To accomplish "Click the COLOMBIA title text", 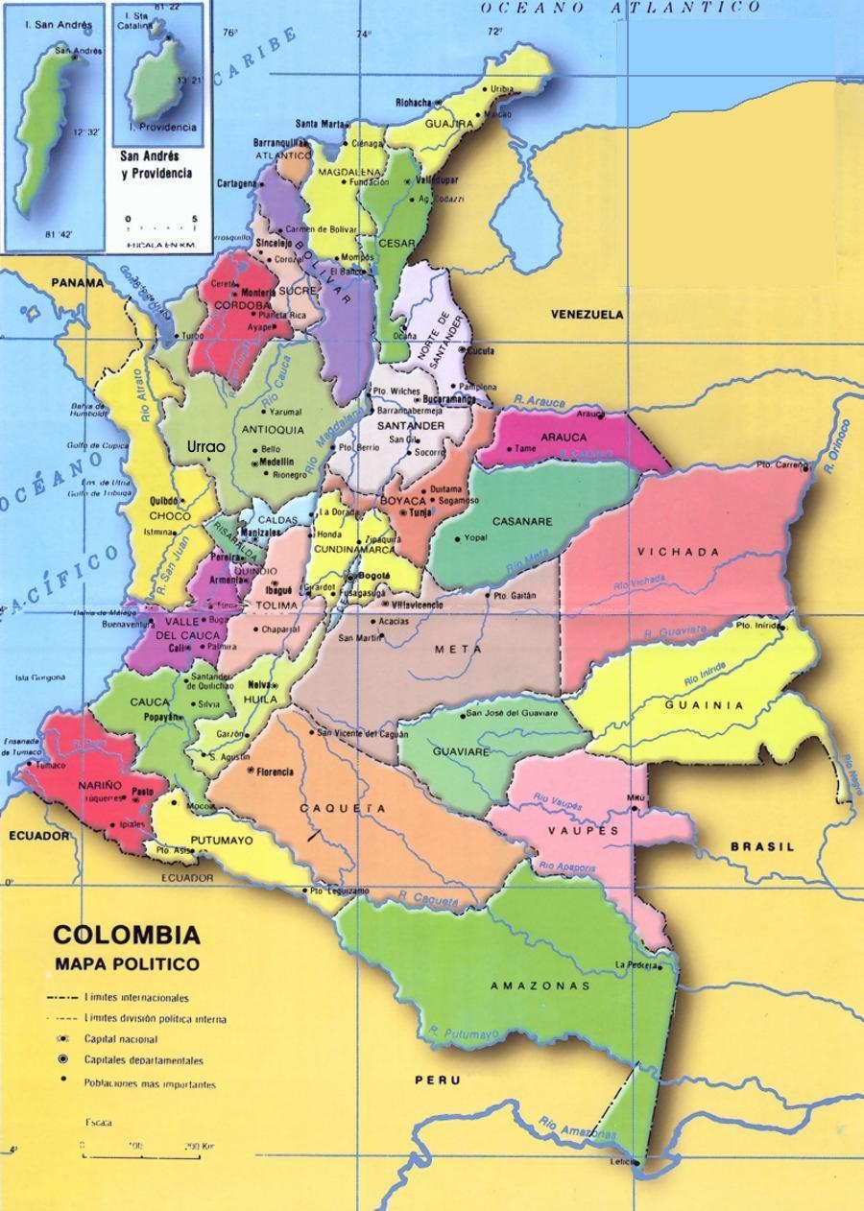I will [126, 935].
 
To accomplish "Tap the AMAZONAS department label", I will [540, 985].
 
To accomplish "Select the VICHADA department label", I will [678, 552].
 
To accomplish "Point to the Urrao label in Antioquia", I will [206, 447].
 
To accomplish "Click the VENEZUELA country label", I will [587, 315].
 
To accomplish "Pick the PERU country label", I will [437, 1080].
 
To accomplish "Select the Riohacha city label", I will [414, 101].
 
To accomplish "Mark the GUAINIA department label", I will [705, 704].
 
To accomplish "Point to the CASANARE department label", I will [521, 521].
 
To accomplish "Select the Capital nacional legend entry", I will [121, 1039].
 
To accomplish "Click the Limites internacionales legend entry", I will [136, 998].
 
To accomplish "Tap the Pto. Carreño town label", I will [777, 464].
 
